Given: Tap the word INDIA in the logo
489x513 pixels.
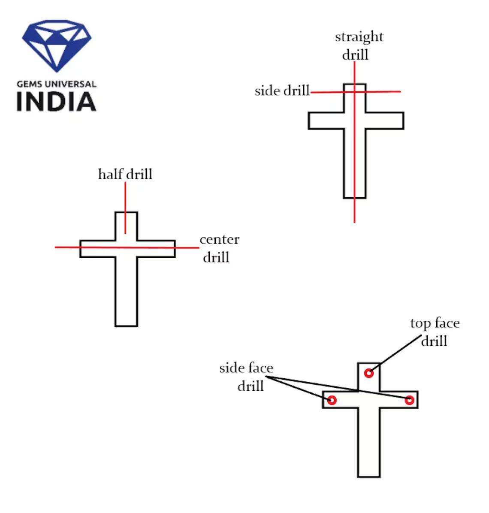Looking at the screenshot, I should click(x=56, y=102).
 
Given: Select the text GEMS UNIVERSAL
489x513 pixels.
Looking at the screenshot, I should click(x=56, y=84).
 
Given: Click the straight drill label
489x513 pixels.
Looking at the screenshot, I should click(x=359, y=45).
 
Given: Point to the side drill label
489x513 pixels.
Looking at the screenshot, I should click(x=282, y=91).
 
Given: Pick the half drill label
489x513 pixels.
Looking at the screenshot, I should click(x=125, y=174).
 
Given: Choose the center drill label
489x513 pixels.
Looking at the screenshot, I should click(x=219, y=248).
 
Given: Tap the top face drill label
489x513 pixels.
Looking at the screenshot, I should click(x=435, y=332).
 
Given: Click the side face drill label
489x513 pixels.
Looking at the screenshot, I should click(x=247, y=377).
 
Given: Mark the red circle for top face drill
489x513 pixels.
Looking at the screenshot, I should click(x=368, y=373).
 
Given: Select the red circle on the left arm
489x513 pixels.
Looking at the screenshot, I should click(x=332, y=401).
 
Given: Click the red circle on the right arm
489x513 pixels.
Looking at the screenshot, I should click(x=409, y=401).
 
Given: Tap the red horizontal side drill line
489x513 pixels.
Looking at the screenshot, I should click(x=386, y=91).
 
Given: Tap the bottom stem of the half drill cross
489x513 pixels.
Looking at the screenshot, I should click(x=126, y=296).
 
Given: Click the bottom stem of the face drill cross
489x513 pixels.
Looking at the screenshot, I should click(x=368, y=446).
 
